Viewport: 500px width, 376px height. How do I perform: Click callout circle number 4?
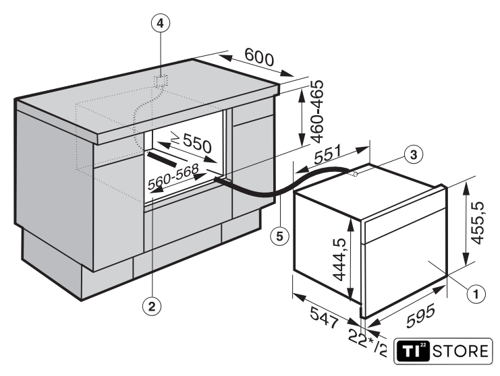161,23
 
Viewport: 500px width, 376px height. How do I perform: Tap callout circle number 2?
151,307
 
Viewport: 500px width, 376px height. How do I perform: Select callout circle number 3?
413,155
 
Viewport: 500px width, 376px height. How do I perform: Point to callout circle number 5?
279,237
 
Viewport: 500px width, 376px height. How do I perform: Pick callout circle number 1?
476,294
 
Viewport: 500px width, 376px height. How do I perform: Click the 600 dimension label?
259,57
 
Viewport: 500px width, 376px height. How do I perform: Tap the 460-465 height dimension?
316,111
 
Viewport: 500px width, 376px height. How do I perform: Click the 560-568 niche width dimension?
173,177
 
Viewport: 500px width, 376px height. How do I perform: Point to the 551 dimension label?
328,154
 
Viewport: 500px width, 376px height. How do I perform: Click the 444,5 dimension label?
339,260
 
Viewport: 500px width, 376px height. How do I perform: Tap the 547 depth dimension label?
324,317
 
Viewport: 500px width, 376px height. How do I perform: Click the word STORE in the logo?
460,352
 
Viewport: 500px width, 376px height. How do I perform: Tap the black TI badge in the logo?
413,351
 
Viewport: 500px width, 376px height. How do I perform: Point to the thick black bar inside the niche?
162,159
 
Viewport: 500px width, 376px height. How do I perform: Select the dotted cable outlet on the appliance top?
352,174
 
